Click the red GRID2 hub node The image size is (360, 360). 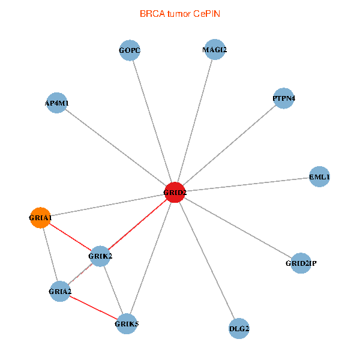(175, 193)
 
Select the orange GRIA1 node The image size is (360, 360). (40, 217)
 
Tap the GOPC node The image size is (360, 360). (130, 50)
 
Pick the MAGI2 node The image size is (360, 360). (214, 50)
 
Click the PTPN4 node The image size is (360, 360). (283, 98)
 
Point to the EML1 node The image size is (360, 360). (319, 177)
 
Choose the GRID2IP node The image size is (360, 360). (301, 263)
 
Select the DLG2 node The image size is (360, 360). (239, 328)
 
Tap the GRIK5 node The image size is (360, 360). (127, 324)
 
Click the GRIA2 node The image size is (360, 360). (60, 292)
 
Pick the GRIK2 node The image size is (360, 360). (100, 256)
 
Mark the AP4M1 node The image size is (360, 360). (56, 103)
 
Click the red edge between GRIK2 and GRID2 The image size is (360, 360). (137, 224)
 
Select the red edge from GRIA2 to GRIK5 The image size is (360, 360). (93, 308)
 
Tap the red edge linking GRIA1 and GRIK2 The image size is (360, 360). (70, 236)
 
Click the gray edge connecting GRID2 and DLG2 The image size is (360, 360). (207, 260)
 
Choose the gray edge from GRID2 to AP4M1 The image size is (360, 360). (115, 148)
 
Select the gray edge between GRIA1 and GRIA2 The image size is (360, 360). (50, 254)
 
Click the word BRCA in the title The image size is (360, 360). (150, 13)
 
